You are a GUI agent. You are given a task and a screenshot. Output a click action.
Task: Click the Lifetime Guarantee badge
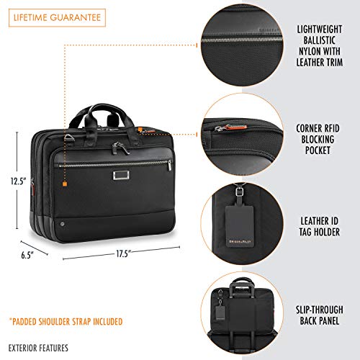point(57,18)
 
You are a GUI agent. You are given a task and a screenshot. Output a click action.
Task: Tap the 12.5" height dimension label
point(18,181)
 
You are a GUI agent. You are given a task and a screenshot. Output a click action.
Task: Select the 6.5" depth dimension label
point(26,255)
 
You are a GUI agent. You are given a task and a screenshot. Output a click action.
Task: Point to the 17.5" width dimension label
point(123,253)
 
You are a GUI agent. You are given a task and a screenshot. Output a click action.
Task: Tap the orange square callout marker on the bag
point(65,184)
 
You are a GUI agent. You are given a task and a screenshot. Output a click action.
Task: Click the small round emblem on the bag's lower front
point(62,225)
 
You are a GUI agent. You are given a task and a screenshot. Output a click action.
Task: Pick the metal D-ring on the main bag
point(68,138)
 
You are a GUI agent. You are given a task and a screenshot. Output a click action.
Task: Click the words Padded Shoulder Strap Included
point(66,322)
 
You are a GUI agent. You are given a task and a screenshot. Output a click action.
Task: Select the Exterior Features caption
point(38,348)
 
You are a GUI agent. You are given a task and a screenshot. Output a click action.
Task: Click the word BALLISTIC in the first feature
point(319,40)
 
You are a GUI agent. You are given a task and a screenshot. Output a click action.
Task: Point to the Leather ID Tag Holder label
point(320,226)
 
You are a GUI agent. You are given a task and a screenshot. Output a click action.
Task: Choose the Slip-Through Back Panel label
point(320,315)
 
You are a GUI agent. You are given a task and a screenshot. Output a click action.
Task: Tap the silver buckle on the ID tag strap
point(239,192)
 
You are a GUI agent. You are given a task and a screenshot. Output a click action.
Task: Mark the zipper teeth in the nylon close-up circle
point(242,40)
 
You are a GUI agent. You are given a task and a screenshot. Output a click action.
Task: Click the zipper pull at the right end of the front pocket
point(169,165)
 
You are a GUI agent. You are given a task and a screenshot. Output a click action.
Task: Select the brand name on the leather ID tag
point(240,241)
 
